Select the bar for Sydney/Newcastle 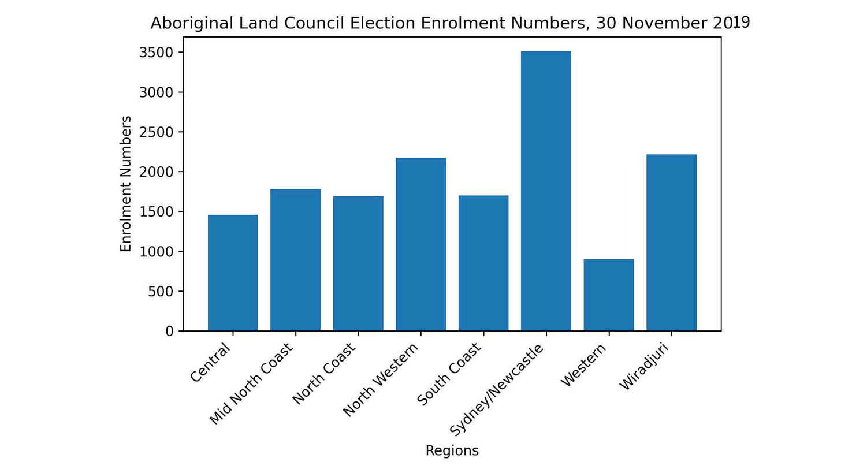click(546, 191)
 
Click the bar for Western click(609, 295)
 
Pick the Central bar click(233, 273)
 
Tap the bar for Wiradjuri click(671, 243)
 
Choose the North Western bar click(421, 244)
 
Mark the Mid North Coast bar click(296, 260)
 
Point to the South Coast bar click(483, 263)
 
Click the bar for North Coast click(358, 263)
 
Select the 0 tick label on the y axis click(170, 331)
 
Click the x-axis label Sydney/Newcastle click(497, 390)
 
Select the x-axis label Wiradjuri click(644, 366)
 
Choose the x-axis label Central click(210, 362)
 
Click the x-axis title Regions click(452, 451)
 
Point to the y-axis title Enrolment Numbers click(126, 184)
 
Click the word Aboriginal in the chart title click(192, 23)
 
